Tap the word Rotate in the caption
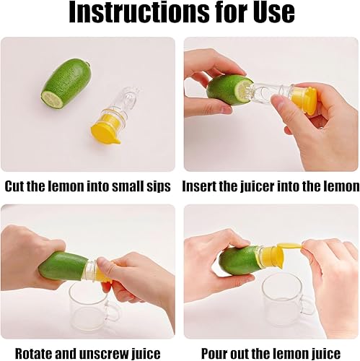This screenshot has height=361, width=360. (35, 353)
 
